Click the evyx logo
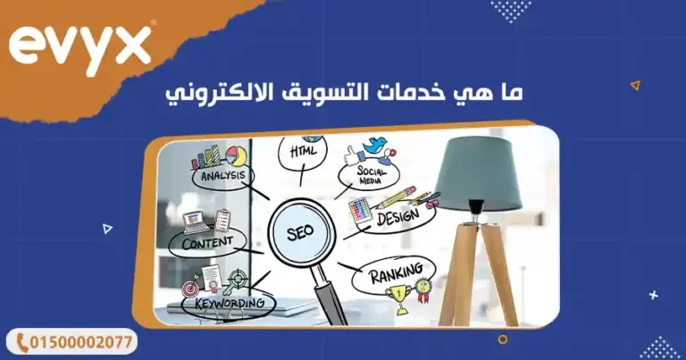pos(80,46)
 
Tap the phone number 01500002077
pos(83,342)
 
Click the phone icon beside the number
pos(20,342)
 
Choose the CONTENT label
pos(207,242)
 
